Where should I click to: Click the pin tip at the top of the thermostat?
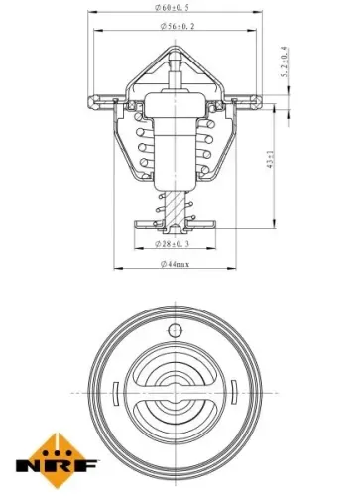point(176,60)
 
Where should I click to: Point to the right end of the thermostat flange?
point(259,99)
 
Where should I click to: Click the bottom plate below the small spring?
point(176,227)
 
